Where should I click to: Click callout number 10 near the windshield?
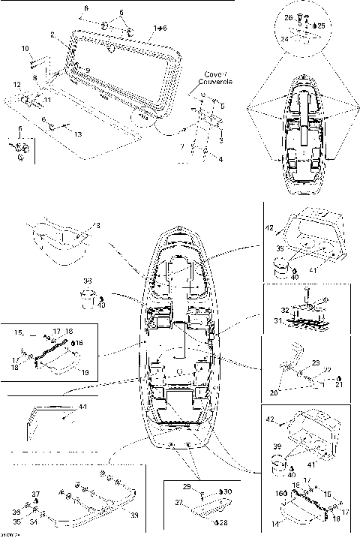pos(25,48)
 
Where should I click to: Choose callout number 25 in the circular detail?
pos(322,25)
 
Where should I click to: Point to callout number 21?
pos(339,385)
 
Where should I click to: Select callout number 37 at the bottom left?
pos(34,494)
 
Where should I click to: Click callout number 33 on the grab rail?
pos(133,516)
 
